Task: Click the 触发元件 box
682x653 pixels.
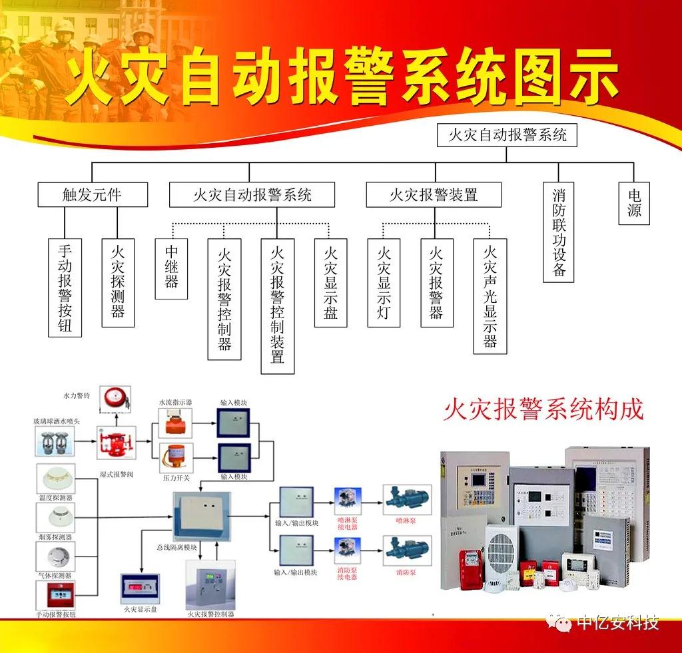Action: click(92, 194)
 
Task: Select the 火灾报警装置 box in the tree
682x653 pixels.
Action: click(434, 194)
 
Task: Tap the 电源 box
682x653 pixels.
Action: click(633, 203)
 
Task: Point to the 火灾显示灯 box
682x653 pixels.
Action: click(384, 282)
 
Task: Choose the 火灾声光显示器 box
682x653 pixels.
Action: click(490, 296)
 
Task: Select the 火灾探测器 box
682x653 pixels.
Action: click(118, 282)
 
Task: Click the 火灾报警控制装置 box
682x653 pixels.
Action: click(277, 306)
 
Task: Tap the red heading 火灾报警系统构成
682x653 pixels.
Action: click(543, 409)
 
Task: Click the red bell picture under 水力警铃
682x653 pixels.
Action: click(115, 399)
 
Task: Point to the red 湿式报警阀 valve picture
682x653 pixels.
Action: click(116, 443)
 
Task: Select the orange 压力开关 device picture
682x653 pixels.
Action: click(176, 459)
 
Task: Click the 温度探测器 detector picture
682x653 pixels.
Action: click(55, 480)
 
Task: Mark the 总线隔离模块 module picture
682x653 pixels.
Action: click(201, 516)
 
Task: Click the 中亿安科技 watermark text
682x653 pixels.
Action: click(617, 623)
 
